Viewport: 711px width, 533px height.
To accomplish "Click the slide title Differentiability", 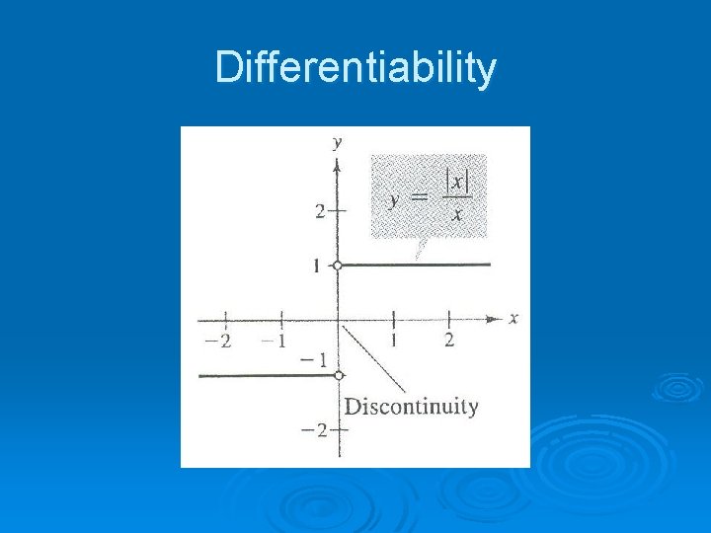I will pos(355,69).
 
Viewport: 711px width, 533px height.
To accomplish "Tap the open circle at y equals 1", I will pos(338,266).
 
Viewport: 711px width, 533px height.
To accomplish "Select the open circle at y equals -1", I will pos(338,375).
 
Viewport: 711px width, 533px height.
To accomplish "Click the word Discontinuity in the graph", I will pos(411,407).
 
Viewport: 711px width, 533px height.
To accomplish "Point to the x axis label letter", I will pos(513,318).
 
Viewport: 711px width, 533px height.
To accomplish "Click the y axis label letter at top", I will pos(338,142).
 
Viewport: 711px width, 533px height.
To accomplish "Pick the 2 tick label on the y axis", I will pos(320,210).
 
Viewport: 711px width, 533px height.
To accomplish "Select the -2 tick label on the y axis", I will pos(316,430).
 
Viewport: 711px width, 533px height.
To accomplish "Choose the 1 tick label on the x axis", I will pos(394,341).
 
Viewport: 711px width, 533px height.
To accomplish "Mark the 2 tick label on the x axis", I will pos(449,341).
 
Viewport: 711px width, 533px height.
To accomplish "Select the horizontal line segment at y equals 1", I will pos(415,265).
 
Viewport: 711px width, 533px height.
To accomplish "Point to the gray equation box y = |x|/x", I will pos(428,195).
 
